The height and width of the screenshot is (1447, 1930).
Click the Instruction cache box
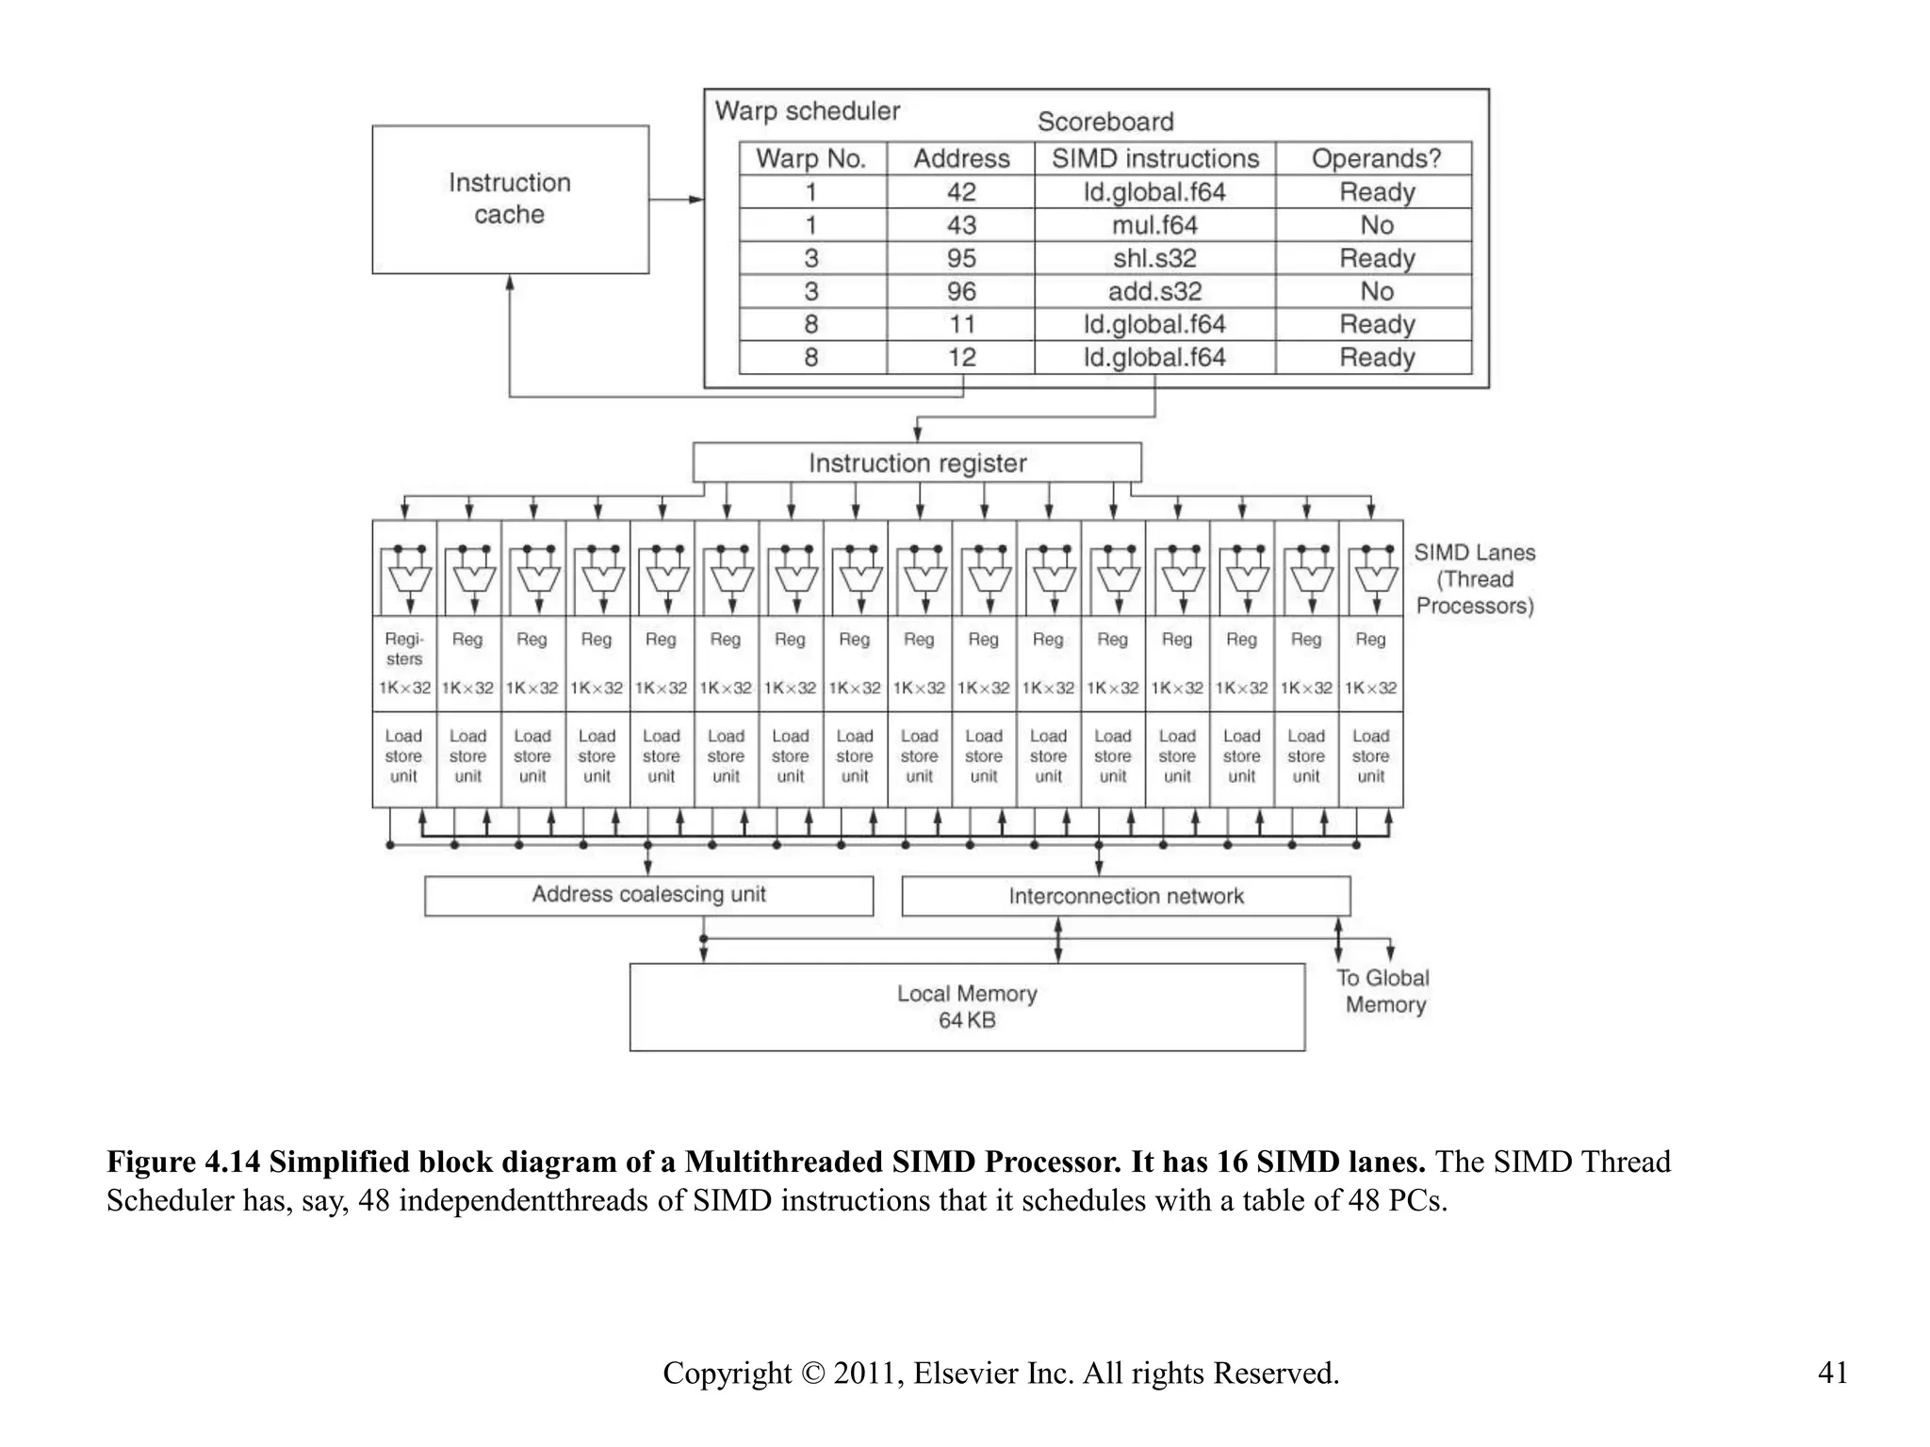click(x=510, y=199)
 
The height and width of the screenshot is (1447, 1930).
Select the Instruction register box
click(x=917, y=463)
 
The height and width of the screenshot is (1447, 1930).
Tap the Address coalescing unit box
click(x=648, y=895)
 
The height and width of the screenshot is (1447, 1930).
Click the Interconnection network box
click(x=1125, y=896)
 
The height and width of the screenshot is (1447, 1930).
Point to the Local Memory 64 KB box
click(x=967, y=1006)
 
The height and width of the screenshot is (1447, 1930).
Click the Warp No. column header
click(x=811, y=158)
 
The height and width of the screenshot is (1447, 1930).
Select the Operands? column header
click(x=1376, y=158)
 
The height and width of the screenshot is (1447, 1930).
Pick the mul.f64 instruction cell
click(x=1154, y=225)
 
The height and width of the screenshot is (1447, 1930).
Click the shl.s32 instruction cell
click(x=1154, y=258)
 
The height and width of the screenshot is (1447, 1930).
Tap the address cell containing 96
click(x=961, y=291)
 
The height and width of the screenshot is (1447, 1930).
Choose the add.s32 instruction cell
click(x=1154, y=291)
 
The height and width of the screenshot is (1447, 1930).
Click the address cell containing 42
click(x=961, y=192)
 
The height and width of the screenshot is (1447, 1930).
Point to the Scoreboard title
click(x=1105, y=122)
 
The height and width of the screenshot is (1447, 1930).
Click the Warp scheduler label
click(x=808, y=111)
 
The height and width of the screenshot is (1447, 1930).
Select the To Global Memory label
click(x=1384, y=991)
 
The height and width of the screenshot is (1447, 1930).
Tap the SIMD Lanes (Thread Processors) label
click(x=1475, y=579)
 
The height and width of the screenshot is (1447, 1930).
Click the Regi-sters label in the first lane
click(x=404, y=648)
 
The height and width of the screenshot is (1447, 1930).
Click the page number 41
click(x=1832, y=1373)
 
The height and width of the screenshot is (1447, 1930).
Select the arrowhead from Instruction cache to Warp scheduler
click(x=696, y=200)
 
